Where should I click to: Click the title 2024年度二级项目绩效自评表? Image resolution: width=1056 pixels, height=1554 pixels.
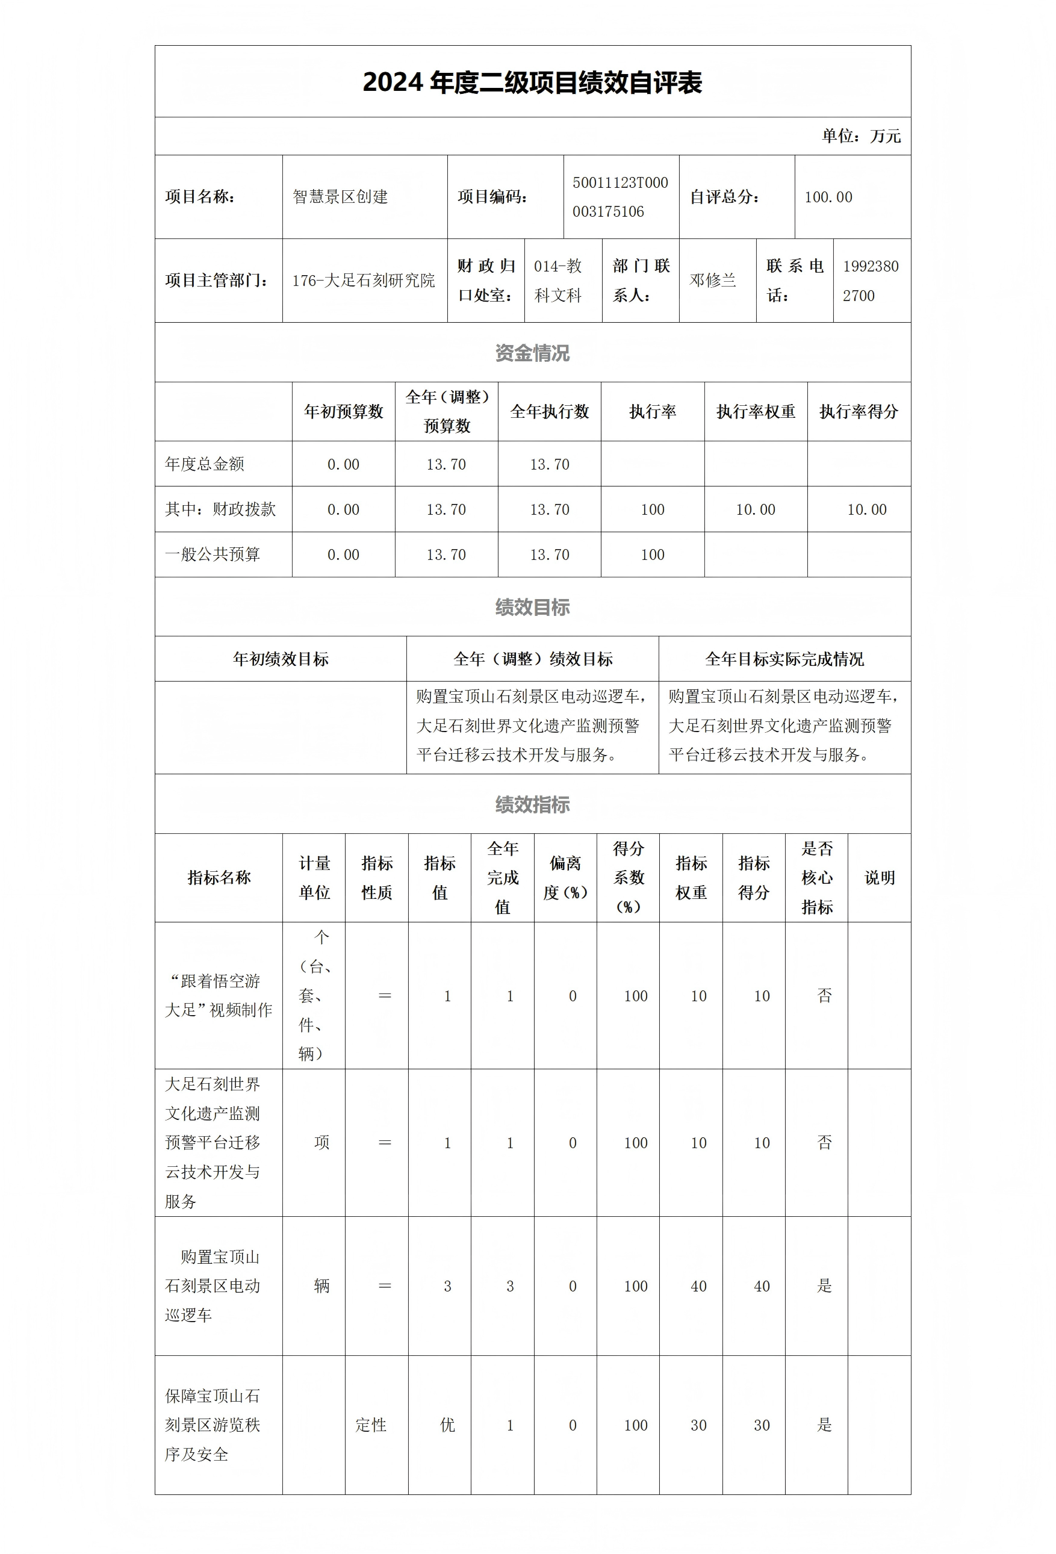pyautogui.click(x=532, y=83)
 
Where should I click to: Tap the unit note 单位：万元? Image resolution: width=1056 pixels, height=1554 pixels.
pyautogui.click(x=861, y=137)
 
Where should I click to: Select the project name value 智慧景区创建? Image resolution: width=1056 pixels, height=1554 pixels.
pyautogui.click(x=340, y=197)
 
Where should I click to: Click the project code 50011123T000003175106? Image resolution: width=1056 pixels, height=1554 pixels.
pyautogui.click(x=620, y=197)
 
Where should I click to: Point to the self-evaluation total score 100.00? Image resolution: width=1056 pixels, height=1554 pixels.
pyautogui.click(x=828, y=197)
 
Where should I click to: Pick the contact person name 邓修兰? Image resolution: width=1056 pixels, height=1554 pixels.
pyautogui.click(x=713, y=281)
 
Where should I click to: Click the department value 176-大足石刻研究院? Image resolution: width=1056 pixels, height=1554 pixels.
pyautogui.click(x=363, y=281)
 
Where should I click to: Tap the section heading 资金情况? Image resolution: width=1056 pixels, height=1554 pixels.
pyautogui.click(x=532, y=353)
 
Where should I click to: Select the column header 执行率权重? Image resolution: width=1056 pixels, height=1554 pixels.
pyautogui.click(x=755, y=412)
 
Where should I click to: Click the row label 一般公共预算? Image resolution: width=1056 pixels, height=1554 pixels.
pyautogui.click(x=213, y=555)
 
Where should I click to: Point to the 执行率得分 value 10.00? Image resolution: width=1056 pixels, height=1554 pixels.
pyautogui.click(x=866, y=509)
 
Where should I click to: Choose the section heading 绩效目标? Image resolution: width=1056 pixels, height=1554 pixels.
pyautogui.click(x=532, y=607)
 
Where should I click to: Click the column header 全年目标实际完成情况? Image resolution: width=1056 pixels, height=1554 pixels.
pyautogui.click(x=784, y=659)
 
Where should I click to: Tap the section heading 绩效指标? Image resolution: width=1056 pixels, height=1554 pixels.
pyautogui.click(x=532, y=804)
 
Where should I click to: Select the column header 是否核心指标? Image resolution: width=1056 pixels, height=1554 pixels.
pyautogui.click(x=816, y=877)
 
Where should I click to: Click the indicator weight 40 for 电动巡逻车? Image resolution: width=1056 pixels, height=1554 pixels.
pyautogui.click(x=698, y=1286)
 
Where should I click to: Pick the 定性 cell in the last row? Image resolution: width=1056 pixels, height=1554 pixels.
pyautogui.click(x=371, y=1425)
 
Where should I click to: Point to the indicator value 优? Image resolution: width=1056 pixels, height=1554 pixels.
pyautogui.click(x=447, y=1425)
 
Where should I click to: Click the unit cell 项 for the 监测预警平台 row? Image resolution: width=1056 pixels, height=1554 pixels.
pyautogui.click(x=321, y=1143)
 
